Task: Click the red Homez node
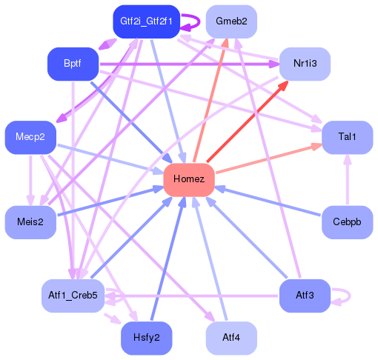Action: (189, 180)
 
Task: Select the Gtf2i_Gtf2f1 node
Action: (146, 21)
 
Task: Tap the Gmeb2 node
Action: (231, 21)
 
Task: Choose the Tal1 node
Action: (347, 138)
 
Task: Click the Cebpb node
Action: (347, 222)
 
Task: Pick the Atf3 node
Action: (305, 296)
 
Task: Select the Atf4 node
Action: (231, 339)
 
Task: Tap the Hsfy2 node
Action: (146, 339)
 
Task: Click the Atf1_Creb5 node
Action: (73, 296)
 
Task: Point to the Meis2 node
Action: (30, 222)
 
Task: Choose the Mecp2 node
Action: (30, 138)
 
